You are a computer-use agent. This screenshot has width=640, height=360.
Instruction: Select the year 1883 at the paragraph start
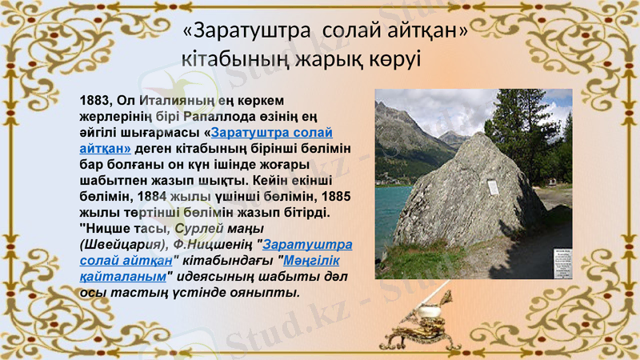point(95,101)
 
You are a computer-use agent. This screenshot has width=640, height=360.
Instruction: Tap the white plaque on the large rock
point(493,188)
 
